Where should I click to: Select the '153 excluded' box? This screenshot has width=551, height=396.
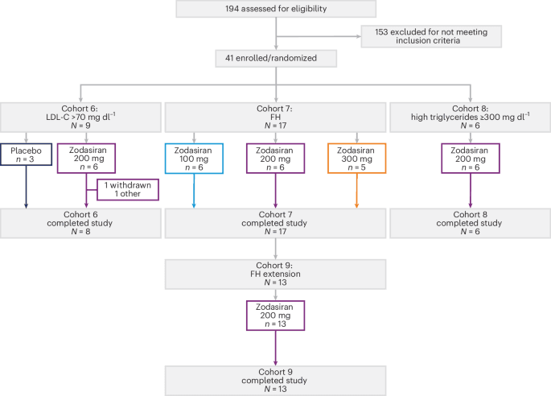click(430, 36)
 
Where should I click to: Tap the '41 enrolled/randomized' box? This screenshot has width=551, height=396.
click(276, 59)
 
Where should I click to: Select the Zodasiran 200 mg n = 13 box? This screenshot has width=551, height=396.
click(276, 317)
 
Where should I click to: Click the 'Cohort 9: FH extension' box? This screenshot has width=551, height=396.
click(276, 273)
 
